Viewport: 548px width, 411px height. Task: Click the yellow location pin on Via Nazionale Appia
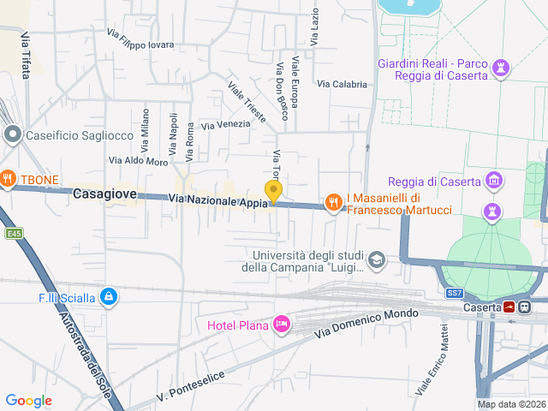pyautogui.click(x=273, y=192)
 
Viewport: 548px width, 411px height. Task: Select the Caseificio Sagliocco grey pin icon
pyautogui.click(x=12, y=134)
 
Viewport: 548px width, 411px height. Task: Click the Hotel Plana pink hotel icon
pyautogui.click(x=281, y=324)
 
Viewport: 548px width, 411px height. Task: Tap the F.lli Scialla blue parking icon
pyautogui.click(x=108, y=297)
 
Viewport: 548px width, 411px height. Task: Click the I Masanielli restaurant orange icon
pyautogui.click(x=333, y=202)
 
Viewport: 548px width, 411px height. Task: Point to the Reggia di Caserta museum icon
pyautogui.click(x=492, y=180)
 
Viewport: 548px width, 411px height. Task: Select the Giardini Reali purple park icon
pyautogui.click(x=502, y=67)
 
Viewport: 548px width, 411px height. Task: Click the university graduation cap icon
pyautogui.click(x=376, y=259)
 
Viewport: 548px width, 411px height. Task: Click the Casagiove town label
pyautogui.click(x=104, y=194)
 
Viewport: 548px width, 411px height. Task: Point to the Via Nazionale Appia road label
pyautogui.click(x=218, y=200)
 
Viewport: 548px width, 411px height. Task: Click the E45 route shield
pyautogui.click(x=13, y=233)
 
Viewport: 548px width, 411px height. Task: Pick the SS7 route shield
pyautogui.click(x=454, y=293)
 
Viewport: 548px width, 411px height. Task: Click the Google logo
pyautogui.click(x=29, y=400)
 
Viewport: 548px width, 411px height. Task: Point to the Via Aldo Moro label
pyautogui.click(x=138, y=161)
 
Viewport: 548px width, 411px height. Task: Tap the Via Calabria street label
pyautogui.click(x=342, y=84)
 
